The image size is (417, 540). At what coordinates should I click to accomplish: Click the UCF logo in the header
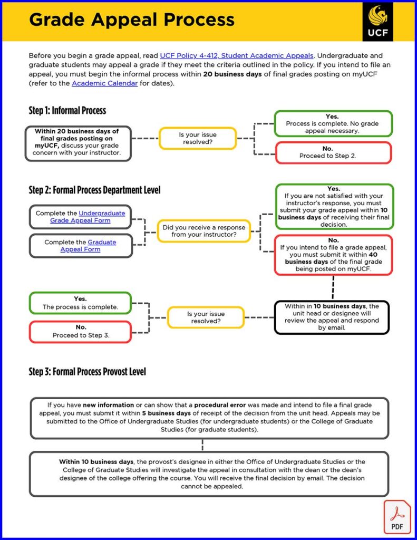(377, 21)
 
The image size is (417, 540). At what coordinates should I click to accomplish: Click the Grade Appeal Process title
(132, 20)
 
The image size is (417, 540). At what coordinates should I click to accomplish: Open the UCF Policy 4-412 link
(237, 55)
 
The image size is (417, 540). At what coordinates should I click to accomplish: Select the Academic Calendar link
(104, 83)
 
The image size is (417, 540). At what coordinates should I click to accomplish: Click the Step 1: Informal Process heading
(67, 111)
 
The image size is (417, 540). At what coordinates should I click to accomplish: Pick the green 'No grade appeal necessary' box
(333, 123)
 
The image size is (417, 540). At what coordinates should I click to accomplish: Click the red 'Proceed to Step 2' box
(333, 152)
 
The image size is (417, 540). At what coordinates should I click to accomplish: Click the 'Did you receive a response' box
(203, 231)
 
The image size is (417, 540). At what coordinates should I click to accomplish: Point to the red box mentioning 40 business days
(333, 255)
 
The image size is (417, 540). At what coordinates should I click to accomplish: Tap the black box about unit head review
(332, 317)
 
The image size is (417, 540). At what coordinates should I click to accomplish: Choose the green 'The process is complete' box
(80, 303)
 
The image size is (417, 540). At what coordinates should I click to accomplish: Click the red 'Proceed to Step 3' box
(80, 331)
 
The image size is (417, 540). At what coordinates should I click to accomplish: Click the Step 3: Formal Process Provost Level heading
(87, 372)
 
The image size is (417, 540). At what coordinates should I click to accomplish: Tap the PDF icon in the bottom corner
(396, 517)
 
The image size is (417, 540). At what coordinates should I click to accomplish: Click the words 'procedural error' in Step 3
(224, 405)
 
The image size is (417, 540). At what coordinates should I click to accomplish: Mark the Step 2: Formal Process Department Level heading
(94, 190)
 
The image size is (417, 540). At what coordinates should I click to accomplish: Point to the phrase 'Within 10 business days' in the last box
(88, 462)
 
